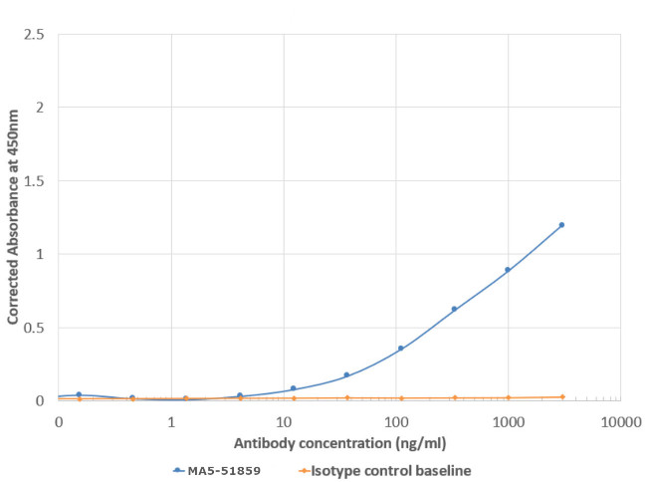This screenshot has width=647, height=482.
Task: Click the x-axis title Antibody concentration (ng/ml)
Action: click(339, 440)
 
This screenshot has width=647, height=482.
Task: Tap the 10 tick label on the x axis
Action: click(284, 421)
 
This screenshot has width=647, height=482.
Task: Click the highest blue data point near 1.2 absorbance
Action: click(561, 225)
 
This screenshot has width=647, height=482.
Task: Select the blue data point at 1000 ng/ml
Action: click(508, 270)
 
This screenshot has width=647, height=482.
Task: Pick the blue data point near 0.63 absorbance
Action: click(454, 309)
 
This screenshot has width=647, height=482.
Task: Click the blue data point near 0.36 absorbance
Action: click(401, 349)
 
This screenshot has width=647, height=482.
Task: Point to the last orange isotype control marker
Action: click(561, 396)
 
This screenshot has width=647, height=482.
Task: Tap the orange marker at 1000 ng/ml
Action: click(508, 397)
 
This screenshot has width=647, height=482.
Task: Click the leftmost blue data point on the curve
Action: click(79, 394)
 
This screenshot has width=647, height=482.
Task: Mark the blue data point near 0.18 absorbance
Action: click(346, 374)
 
